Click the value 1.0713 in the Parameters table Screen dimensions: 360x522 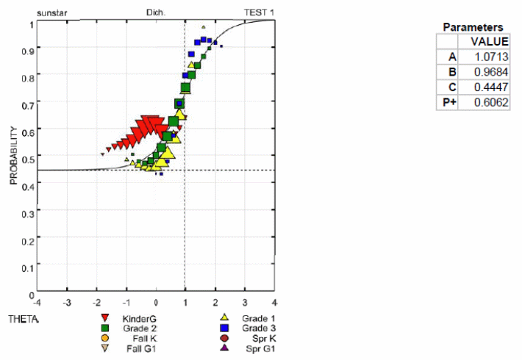pyautogui.click(x=490, y=57)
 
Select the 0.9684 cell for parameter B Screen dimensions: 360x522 pyautogui.click(x=490, y=72)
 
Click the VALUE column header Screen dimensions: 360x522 pyautogui.click(x=490, y=41)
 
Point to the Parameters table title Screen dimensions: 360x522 pyautogui.click(x=473, y=27)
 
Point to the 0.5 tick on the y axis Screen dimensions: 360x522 pyautogui.click(x=29, y=158)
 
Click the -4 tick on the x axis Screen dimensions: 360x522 pyautogui.click(x=38, y=302)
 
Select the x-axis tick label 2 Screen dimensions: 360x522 pyautogui.click(x=215, y=302)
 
